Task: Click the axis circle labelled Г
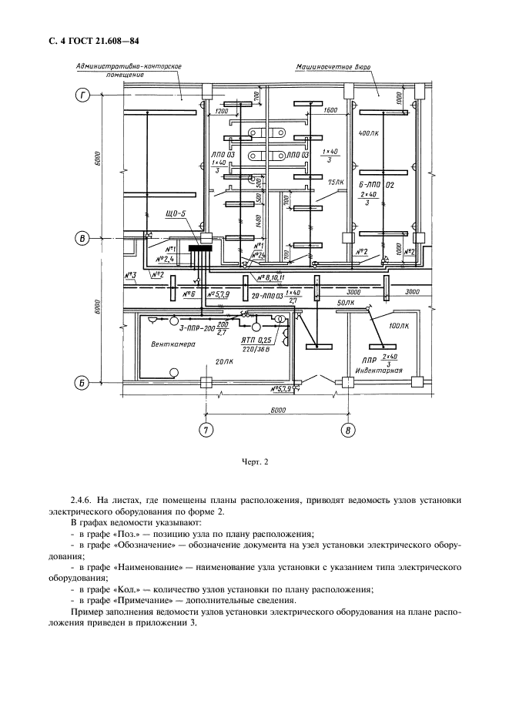pos(82,96)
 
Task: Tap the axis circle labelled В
pos(82,239)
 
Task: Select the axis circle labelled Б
pos(82,382)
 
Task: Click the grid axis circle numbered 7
pos(206,430)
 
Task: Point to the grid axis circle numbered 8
pos(350,430)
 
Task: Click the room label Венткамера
pos(172,344)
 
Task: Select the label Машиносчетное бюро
pos(333,67)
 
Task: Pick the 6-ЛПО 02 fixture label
pos(377,186)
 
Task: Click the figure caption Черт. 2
pos(254,462)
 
